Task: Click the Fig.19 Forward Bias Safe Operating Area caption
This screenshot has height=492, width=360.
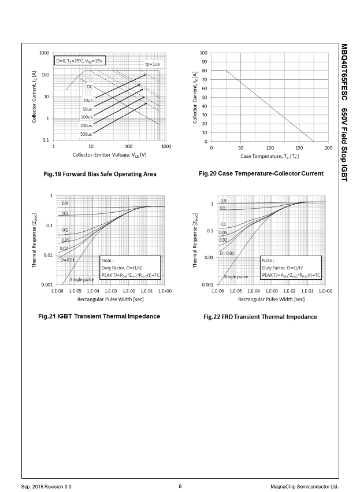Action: coord(99,174)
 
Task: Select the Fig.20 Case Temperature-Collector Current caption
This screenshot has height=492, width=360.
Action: coord(261,173)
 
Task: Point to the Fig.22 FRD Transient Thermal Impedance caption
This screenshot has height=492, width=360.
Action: coord(260,317)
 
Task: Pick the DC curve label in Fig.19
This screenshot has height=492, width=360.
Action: coord(90,87)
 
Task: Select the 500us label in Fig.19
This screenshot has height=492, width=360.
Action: coord(86,134)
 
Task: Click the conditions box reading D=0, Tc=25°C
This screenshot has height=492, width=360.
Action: coord(81,61)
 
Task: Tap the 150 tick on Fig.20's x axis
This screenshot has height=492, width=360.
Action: coord(299,148)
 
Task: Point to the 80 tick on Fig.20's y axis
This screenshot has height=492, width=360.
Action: coord(205,71)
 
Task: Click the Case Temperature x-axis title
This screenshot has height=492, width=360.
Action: coord(270,157)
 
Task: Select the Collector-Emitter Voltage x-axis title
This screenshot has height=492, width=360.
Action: coord(109,154)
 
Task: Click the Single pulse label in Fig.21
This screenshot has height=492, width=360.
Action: coord(81,279)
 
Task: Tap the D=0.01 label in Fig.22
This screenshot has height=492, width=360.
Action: coord(227,253)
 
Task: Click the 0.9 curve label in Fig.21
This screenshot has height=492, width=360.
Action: coord(65,204)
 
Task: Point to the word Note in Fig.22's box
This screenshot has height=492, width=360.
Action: coord(268,261)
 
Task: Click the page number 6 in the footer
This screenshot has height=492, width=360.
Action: coord(180,486)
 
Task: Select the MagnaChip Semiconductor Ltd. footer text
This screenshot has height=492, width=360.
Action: coord(304,486)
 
